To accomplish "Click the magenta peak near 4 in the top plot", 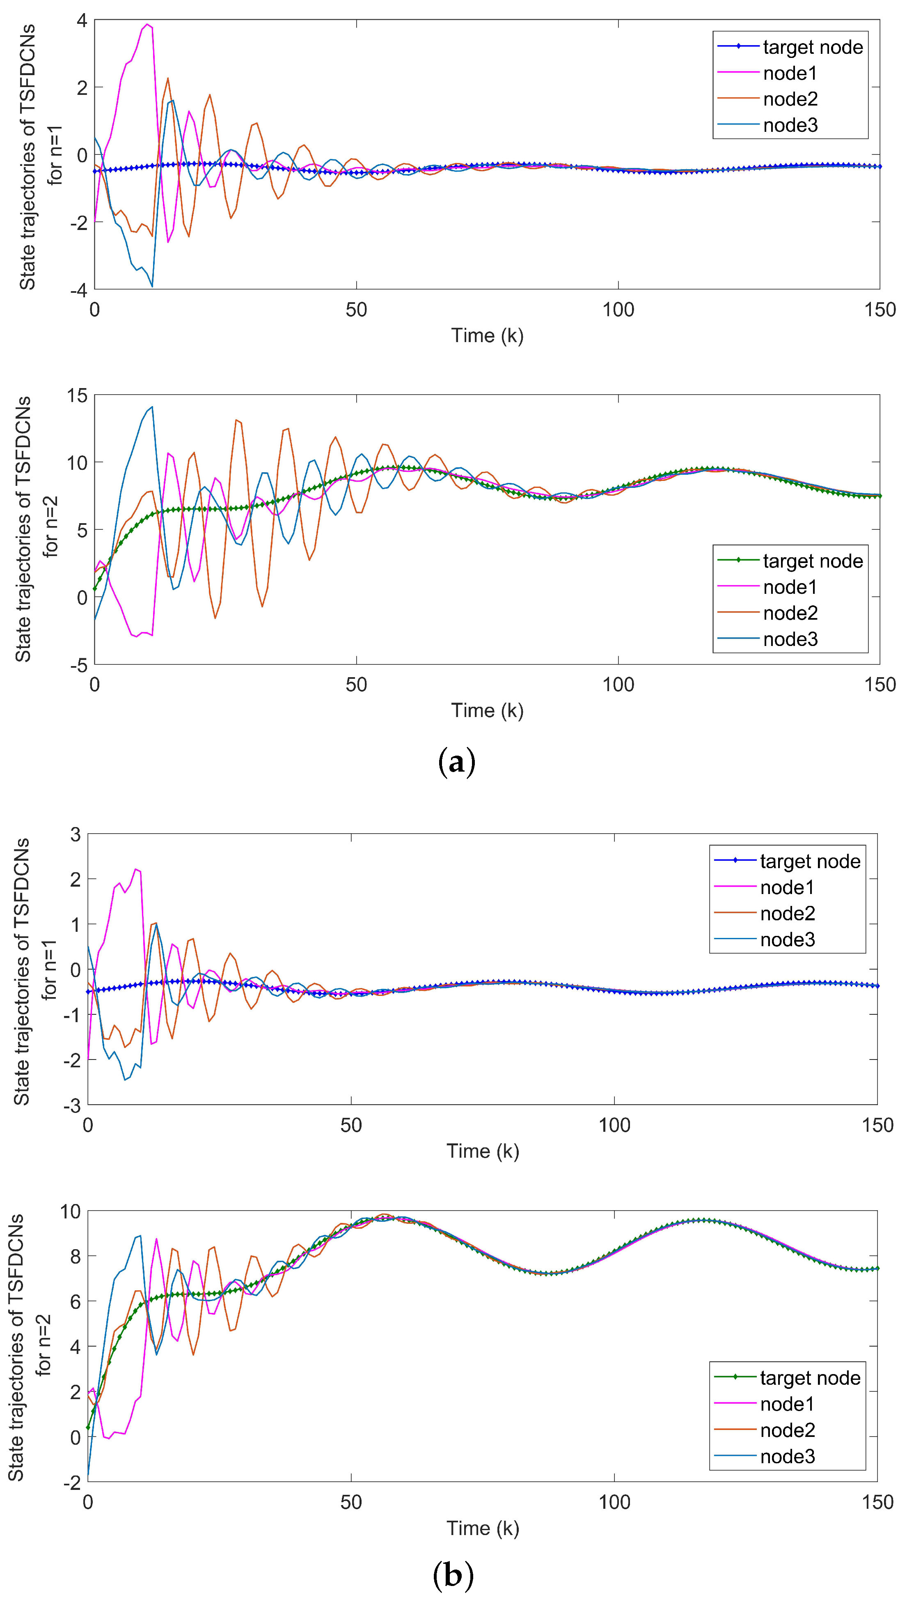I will click(x=147, y=25).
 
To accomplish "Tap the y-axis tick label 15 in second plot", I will click(x=77, y=395).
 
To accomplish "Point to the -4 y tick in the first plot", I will click(x=78, y=290).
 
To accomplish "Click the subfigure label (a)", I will click(x=457, y=762).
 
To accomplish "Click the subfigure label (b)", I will click(x=453, y=1574).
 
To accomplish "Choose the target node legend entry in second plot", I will click(x=812, y=561).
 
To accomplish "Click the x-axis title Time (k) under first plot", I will click(x=487, y=336).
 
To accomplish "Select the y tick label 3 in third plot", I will click(x=76, y=834).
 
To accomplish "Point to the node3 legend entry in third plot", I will click(x=788, y=939).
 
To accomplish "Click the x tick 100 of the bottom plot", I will click(x=614, y=1502).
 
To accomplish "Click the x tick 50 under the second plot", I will click(x=356, y=685).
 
